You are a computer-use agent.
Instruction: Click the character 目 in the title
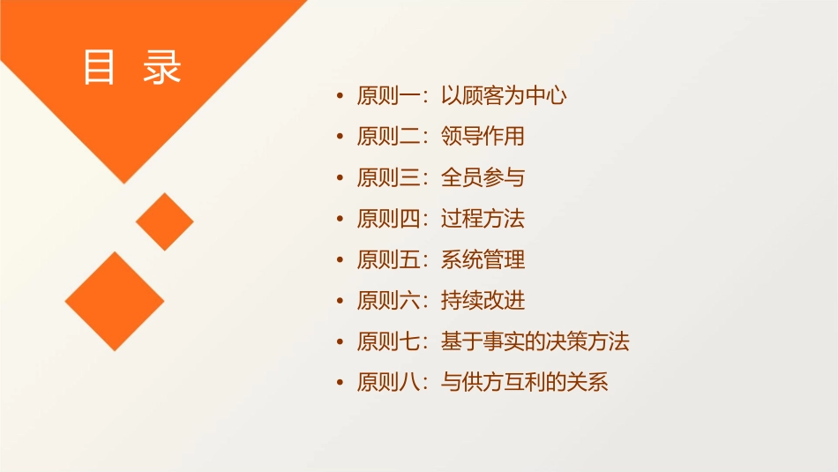100,67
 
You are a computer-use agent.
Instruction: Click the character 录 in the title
162,67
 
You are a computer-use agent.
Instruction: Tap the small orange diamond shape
165,221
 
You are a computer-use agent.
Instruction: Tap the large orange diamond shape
115,301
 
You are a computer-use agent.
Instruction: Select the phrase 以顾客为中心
503,96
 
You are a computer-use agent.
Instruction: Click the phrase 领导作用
483,137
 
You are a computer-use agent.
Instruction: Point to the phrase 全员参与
483,178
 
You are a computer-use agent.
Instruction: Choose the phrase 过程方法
483,219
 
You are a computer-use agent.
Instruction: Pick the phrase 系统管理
483,260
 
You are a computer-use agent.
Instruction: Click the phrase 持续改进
483,301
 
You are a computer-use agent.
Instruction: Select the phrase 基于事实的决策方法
535,342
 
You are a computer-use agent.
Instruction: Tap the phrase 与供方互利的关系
524,383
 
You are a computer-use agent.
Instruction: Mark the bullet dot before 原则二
340,138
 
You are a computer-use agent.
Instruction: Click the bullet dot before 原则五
340,260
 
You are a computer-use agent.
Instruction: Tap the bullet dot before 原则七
340,342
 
